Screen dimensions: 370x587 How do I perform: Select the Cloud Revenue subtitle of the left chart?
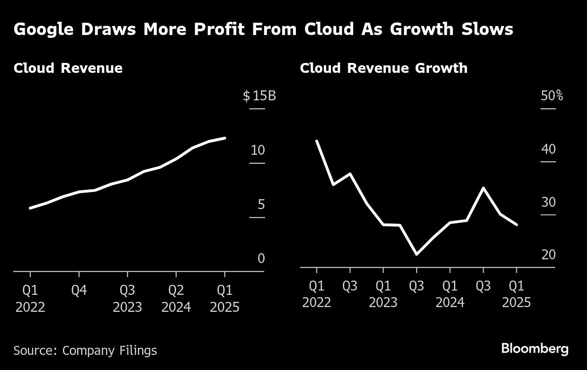[68, 68]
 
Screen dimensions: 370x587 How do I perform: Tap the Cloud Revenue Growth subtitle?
[383, 68]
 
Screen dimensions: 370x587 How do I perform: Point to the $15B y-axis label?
[259, 96]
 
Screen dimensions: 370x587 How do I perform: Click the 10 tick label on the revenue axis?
[258, 150]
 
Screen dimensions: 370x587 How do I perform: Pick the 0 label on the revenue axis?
[261, 259]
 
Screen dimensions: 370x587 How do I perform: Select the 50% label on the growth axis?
[551, 96]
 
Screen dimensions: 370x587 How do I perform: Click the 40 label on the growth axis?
[548, 149]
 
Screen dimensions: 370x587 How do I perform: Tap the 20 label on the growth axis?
[548, 255]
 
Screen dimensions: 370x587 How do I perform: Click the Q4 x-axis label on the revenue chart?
[79, 290]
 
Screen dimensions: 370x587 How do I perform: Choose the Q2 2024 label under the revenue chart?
[176, 299]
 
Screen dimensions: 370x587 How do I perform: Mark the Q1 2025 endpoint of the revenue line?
[225, 138]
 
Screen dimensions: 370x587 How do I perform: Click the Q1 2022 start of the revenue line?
[30, 208]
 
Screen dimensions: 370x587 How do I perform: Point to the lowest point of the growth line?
[417, 254]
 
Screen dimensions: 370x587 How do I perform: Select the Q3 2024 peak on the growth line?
[483, 188]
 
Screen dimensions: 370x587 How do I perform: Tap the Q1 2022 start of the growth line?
[317, 141]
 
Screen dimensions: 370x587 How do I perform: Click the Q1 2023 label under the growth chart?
[383, 294]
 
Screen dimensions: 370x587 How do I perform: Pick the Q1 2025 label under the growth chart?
[516, 294]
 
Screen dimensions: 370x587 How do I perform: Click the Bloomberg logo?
[534, 349]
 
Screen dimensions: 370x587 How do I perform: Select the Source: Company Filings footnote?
[85, 351]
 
